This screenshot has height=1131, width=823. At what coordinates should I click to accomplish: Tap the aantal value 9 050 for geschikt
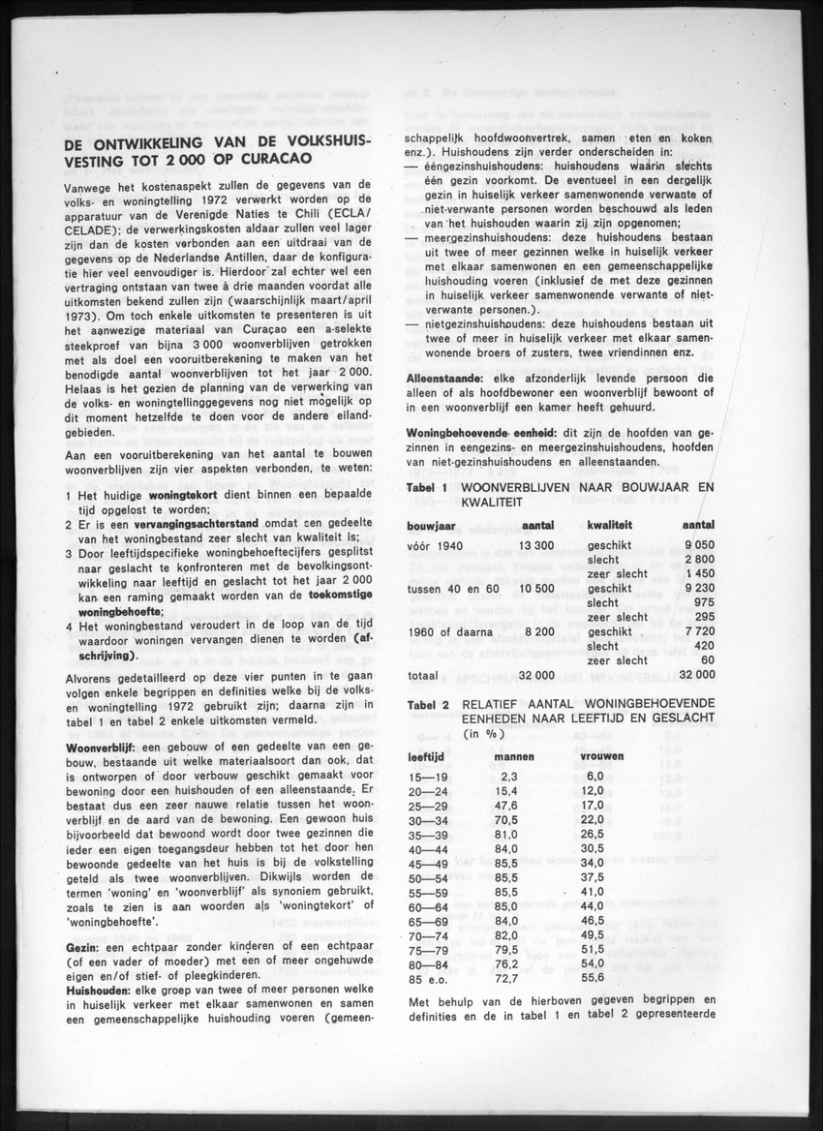698,546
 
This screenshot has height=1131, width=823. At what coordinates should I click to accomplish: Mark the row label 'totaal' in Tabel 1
424,673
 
